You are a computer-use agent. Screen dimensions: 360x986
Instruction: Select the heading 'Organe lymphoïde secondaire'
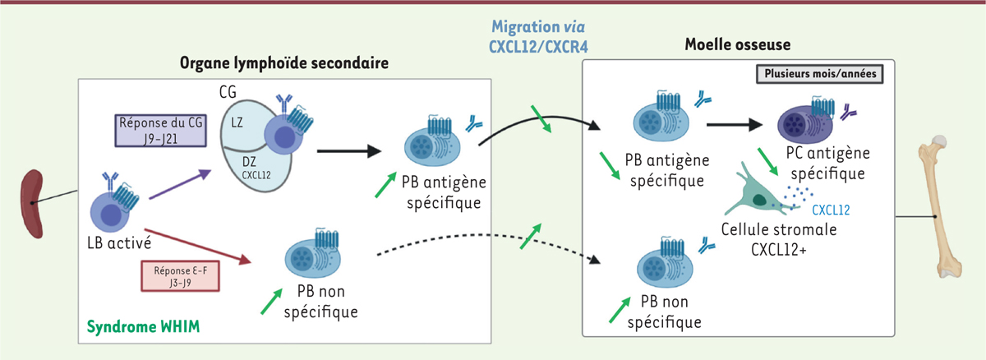[x=284, y=62]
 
